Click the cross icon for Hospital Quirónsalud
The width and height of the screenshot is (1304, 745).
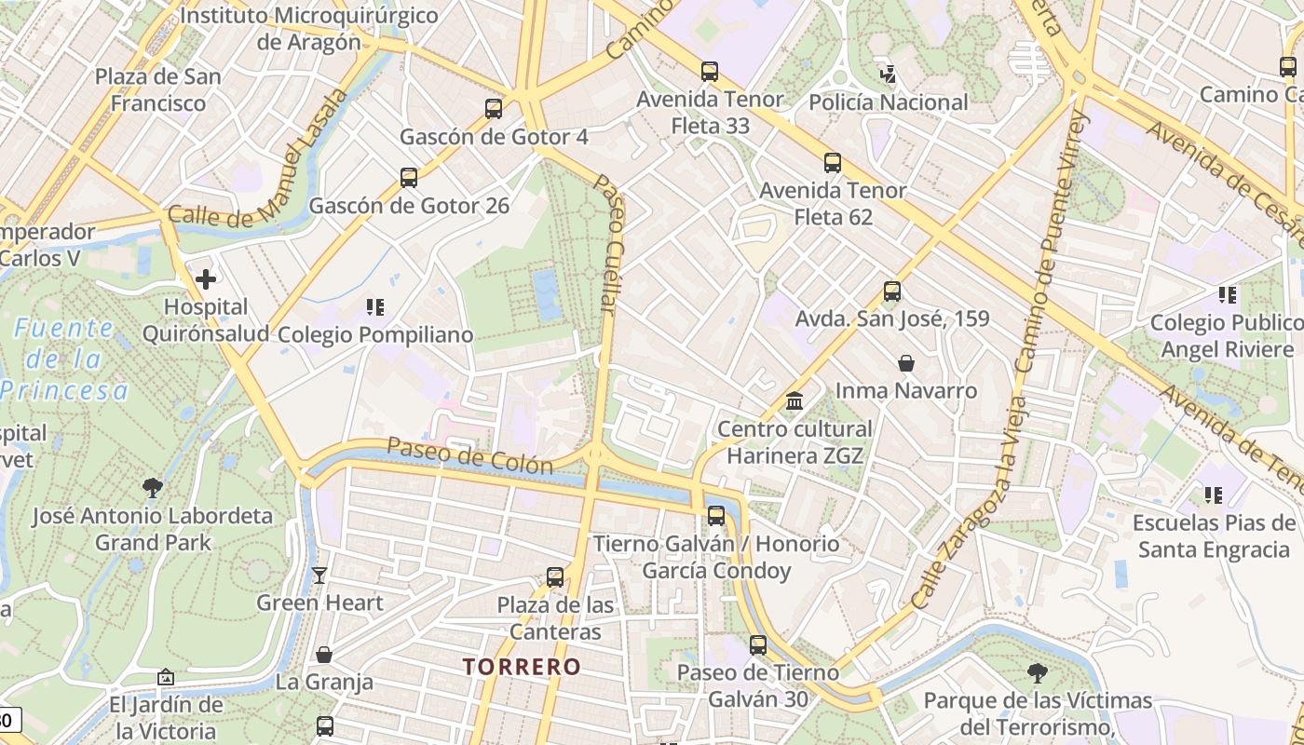pos(206,278)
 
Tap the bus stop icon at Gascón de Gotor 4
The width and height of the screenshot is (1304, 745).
pos(494,109)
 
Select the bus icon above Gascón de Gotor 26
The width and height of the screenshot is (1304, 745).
pos(408,178)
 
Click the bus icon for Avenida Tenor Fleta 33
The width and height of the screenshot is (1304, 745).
pos(710,71)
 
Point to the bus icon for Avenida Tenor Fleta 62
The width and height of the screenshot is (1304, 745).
pos(833,163)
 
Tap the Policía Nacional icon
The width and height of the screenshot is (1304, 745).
pos(888,73)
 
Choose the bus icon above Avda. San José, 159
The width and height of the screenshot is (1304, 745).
pos(891,291)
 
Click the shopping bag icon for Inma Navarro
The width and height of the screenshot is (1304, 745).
pos(905,363)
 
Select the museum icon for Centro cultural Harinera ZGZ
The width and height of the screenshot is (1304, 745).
pos(795,401)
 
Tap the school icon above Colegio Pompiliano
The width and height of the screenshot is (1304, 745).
pos(375,306)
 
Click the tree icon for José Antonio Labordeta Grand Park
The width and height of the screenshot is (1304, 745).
pos(153,487)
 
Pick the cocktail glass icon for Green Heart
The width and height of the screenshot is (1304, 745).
pos(319,575)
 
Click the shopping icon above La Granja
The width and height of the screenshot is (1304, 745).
pos(324,655)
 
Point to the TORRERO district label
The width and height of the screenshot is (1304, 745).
pos(522,667)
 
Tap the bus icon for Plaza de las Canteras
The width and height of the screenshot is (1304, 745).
pos(555,577)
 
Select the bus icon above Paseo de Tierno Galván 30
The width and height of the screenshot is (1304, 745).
pos(758,644)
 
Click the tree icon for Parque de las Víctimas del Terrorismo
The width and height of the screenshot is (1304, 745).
pos(1038,672)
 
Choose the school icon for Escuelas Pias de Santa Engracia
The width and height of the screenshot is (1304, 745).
pos(1214,494)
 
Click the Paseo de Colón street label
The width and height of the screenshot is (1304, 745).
pos(469,456)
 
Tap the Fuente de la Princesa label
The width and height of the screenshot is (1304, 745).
pos(63,359)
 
